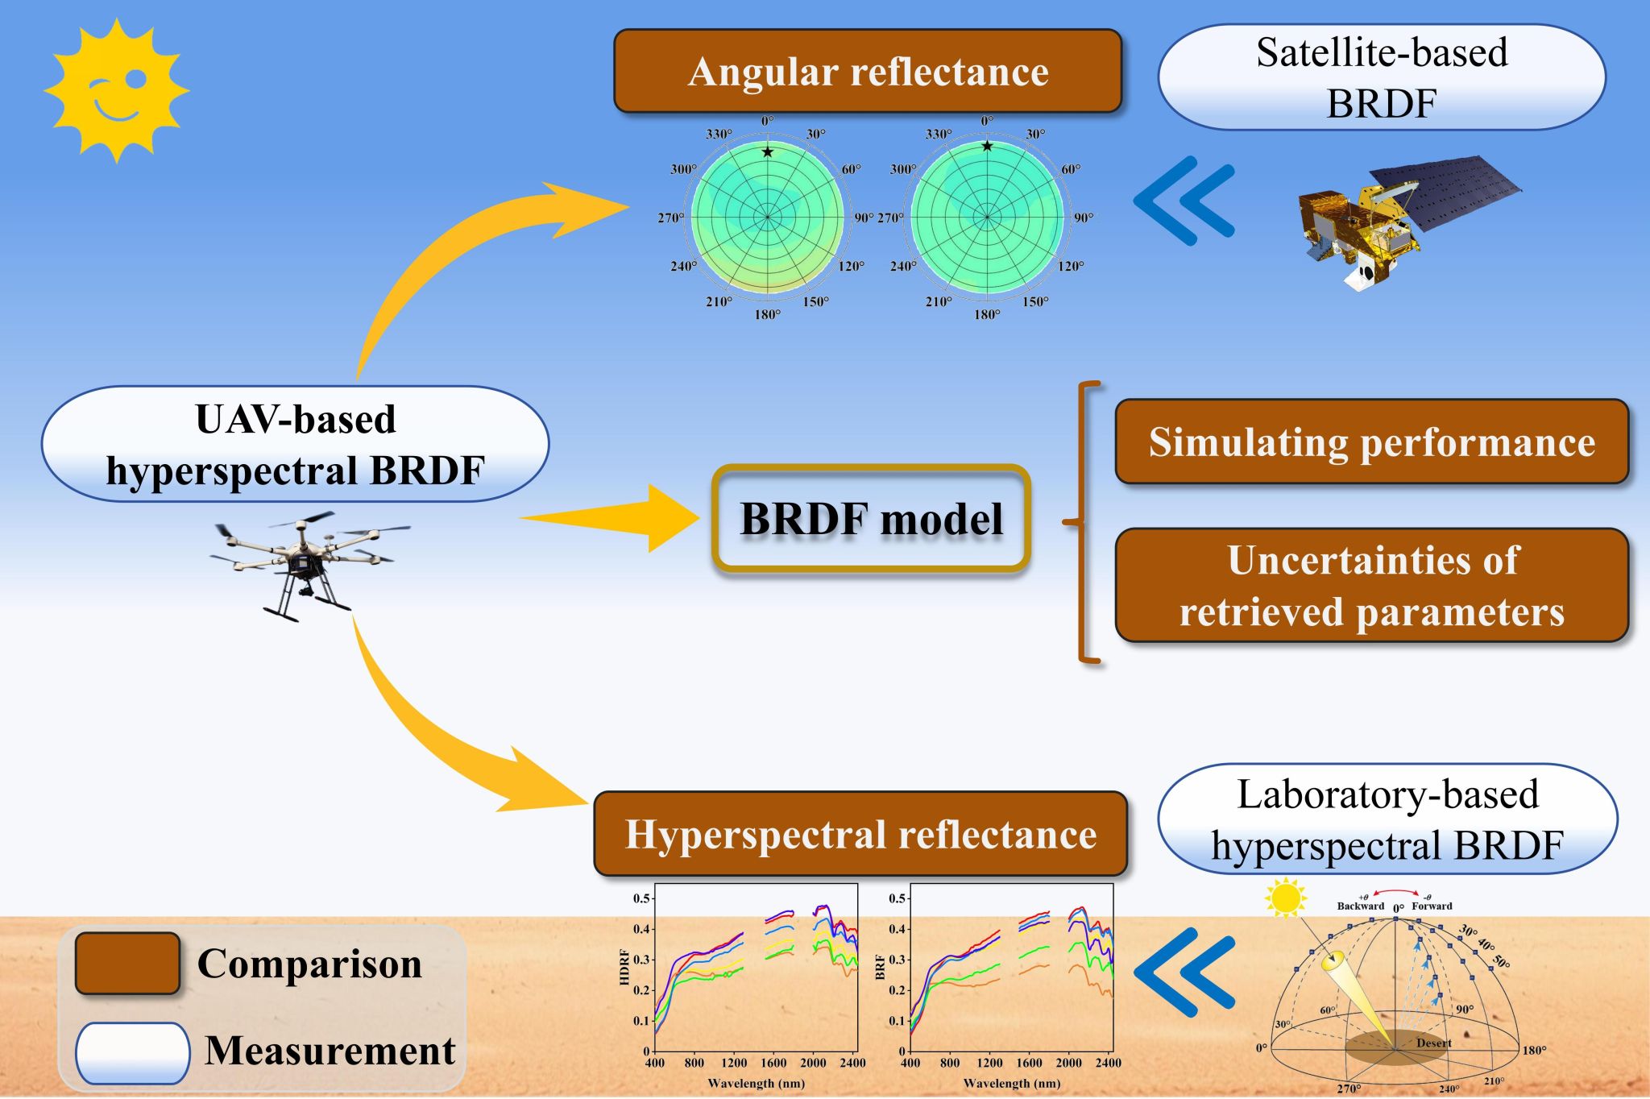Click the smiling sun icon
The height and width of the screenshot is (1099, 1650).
point(116,89)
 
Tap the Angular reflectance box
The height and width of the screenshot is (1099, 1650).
point(868,71)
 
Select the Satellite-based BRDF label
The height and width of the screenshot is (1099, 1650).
point(1381,77)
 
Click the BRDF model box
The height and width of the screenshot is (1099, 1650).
point(871,519)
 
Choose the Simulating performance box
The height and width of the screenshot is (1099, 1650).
point(1371,442)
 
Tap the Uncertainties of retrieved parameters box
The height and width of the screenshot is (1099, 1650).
point(1371,586)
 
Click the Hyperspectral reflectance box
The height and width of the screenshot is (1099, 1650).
point(860,834)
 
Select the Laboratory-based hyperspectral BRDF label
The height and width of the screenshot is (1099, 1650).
point(1387,819)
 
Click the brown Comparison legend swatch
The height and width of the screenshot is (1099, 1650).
point(127,964)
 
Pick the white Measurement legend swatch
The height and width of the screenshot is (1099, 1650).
point(132,1052)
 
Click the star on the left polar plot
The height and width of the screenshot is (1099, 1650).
point(768,151)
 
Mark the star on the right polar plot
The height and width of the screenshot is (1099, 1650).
point(987,146)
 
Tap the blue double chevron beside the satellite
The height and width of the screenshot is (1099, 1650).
point(1184,201)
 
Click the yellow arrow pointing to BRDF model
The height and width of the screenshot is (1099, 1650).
point(612,518)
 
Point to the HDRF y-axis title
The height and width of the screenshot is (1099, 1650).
point(624,968)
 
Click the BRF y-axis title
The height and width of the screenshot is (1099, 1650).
point(881,968)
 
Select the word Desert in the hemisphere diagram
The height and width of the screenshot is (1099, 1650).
point(1433,1043)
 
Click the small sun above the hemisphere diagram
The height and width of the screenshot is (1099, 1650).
point(1285,897)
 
